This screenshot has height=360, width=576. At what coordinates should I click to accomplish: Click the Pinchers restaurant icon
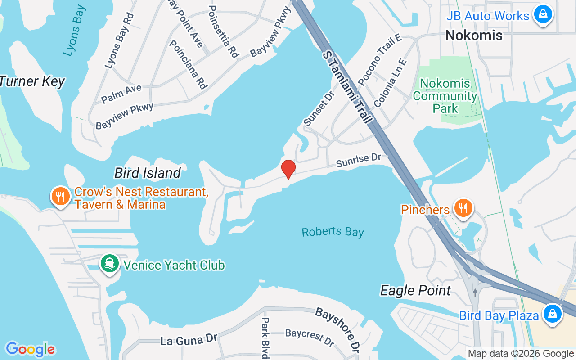pyautogui.click(x=463, y=208)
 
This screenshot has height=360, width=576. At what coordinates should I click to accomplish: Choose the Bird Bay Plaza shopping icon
pyautogui.click(x=552, y=314)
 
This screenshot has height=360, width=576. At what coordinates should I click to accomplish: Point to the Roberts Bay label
pyautogui.click(x=333, y=232)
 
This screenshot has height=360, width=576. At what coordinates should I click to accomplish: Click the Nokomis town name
pyautogui.click(x=473, y=36)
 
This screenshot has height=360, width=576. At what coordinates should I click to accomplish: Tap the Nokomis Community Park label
pyautogui.click(x=445, y=96)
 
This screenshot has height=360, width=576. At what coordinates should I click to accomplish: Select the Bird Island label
pyautogui.click(x=148, y=173)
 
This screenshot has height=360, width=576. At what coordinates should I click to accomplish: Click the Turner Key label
pyautogui.click(x=31, y=82)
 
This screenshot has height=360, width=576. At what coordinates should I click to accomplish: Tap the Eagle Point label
pyautogui.click(x=415, y=290)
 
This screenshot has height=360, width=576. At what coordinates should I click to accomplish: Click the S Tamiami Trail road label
pyautogui.click(x=347, y=87)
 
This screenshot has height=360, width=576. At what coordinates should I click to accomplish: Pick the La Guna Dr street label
pyautogui.click(x=189, y=340)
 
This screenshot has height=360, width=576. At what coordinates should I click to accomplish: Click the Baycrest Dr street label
pyautogui.click(x=310, y=337)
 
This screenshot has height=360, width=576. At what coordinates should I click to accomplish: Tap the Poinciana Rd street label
pyautogui.click(x=188, y=64)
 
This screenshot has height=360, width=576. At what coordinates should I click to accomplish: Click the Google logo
pyautogui.click(x=30, y=349)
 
